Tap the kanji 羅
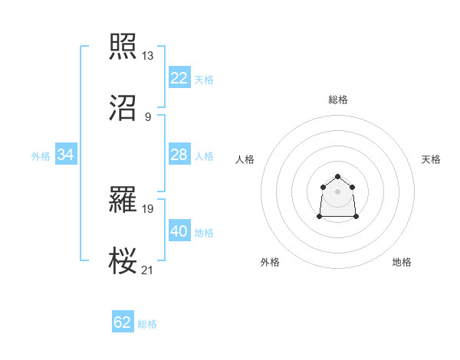pos(123,199)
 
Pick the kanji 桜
pos(123,260)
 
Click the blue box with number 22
pos(179,78)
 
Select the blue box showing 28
pos(179,155)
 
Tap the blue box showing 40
pos(179,231)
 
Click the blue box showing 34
pos(66,155)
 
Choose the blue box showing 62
pos(123,322)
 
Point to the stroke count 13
pos(148,56)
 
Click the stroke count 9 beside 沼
pos(148,116)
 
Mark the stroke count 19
pos(148,208)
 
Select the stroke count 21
pos(148,269)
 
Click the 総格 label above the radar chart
pos(338,100)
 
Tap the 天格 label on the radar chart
pos(431,159)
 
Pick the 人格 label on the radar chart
pos(245,159)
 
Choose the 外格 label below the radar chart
pos(270,262)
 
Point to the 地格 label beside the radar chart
pos(402,262)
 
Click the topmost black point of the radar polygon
pos(337,174)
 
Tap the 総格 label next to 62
pos(148,324)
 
